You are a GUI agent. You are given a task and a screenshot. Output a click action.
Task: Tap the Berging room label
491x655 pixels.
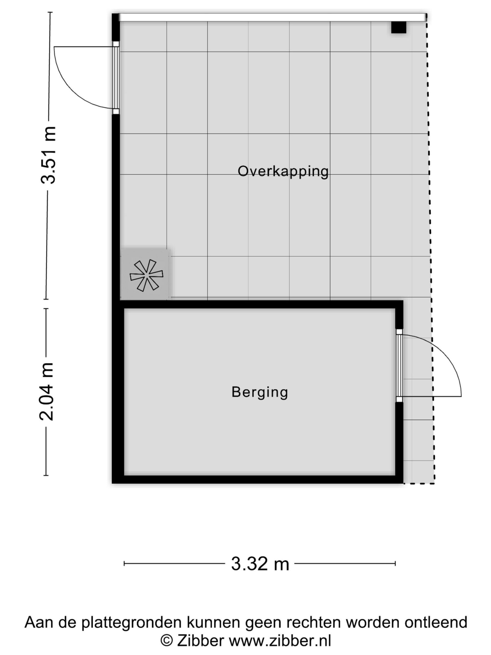coord(260,393)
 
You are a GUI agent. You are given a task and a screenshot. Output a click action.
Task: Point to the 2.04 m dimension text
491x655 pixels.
coord(47,391)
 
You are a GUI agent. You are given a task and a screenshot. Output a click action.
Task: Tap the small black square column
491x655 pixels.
coord(398,27)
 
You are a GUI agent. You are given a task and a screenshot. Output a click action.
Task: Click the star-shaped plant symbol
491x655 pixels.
coord(146,275)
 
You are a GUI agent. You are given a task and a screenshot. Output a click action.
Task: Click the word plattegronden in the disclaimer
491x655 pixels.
coord(131,623)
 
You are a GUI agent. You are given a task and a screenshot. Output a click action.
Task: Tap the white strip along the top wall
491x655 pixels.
coord(272,17)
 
